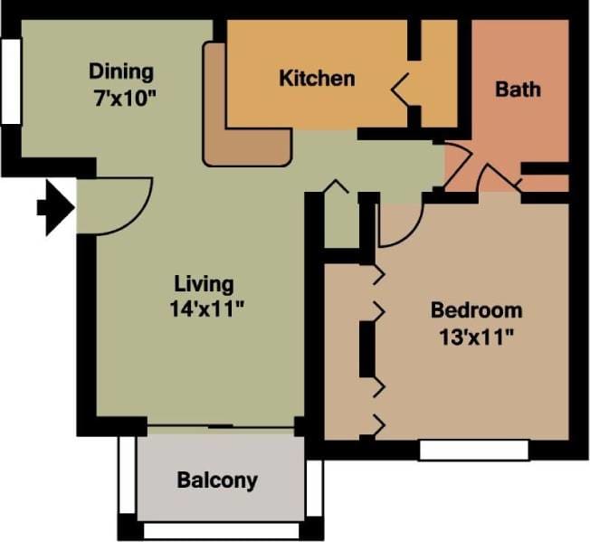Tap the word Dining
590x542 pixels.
click(120, 71)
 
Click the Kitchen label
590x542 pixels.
click(317, 78)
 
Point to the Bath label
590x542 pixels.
click(519, 89)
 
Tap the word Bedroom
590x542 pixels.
click(476, 310)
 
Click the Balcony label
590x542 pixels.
click(217, 480)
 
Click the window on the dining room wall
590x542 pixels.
click(10, 81)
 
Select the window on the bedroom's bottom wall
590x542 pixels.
click(474, 449)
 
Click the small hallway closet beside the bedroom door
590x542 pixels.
click(341, 222)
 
